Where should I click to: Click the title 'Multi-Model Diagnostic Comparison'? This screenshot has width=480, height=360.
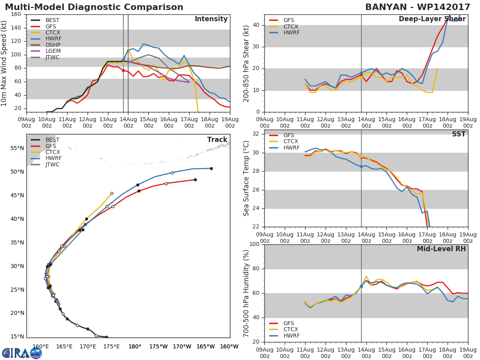94,7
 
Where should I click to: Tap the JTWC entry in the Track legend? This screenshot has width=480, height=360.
52,164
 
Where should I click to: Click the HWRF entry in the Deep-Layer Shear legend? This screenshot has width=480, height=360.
291,33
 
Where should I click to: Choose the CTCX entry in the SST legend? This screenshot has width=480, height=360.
291,142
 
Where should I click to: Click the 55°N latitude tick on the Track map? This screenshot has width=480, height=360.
17,148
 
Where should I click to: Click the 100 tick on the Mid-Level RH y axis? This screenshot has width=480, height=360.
254,244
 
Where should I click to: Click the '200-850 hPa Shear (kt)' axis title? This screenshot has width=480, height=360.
247,63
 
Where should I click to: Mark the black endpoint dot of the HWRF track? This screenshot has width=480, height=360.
211,168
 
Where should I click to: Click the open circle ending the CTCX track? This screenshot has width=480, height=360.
112,193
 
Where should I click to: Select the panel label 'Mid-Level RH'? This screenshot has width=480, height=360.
441,249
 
